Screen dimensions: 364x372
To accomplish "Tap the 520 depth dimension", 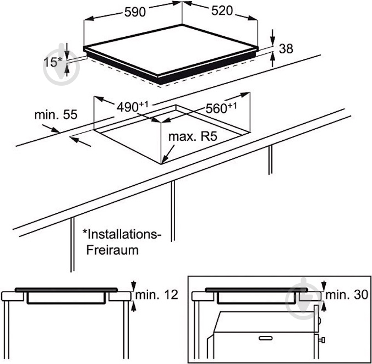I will tap(220, 12).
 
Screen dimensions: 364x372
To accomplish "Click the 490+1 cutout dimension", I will tap(134, 106).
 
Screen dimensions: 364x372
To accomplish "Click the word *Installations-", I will tap(122, 234).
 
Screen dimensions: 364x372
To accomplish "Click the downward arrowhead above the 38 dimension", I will tap(273, 39).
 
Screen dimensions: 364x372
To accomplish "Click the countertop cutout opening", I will tap(176, 132).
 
